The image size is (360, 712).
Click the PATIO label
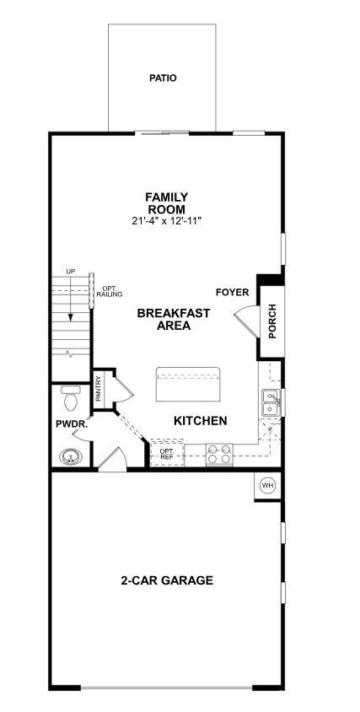click(x=163, y=78)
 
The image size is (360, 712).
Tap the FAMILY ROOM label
click(x=166, y=203)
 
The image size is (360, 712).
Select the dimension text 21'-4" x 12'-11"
click(x=166, y=220)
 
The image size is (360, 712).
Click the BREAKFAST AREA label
click(x=173, y=319)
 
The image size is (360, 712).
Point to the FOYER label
click(x=232, y=293)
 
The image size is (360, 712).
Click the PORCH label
click(x=271, y=321)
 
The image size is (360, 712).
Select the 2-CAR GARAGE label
click(x=166, y=580)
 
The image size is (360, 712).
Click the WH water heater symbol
click(x=267, y=485)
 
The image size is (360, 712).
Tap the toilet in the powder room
click(x=71, y=395)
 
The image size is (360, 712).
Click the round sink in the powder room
click(x=71, y=457)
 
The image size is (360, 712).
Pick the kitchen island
click(x=187, y=385)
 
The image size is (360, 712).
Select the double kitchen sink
click(x=271, y=402)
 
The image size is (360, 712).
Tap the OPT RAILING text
click(x=110, y=291)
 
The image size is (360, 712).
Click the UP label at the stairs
click(x=71, y=272)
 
